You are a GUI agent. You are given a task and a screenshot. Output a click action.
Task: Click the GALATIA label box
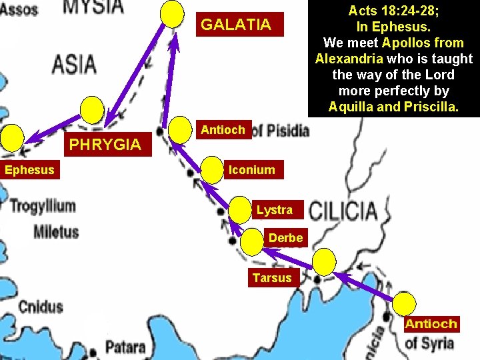[x=236, y=25]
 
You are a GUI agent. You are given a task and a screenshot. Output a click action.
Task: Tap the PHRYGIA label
[x=105, y=144]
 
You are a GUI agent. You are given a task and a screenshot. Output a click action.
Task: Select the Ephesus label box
[x=29, y=170]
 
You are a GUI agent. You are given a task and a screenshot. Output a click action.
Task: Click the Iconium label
[x=251, y=170]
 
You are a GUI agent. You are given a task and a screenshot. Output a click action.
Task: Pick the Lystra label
[x=274, y=210]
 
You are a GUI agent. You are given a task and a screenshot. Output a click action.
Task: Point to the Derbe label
[x=285, y=237]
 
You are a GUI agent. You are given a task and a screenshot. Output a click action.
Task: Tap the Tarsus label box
[x=272, y=277]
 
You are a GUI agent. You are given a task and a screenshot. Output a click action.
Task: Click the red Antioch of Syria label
[x=431, y=325]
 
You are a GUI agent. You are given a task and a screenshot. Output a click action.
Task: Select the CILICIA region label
[x=343, y=211]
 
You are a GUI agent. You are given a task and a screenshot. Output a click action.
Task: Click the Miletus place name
[x=56, y=232]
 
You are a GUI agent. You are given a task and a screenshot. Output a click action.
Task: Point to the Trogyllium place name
[x=43, y=205]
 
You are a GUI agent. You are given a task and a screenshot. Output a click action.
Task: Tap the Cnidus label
[x=40, y=307]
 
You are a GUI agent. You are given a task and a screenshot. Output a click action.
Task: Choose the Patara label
[x=125, y=346]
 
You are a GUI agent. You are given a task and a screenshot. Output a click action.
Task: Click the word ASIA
[x=74, y=65]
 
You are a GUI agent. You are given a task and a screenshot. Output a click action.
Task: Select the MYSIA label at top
[x=93, y=7]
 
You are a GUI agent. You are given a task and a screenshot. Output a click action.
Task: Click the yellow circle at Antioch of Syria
[x=403, y=304]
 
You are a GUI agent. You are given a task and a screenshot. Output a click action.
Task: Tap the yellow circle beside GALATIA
[x=173, y=13]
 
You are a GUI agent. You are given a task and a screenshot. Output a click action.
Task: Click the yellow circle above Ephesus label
[x=11, y=138]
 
